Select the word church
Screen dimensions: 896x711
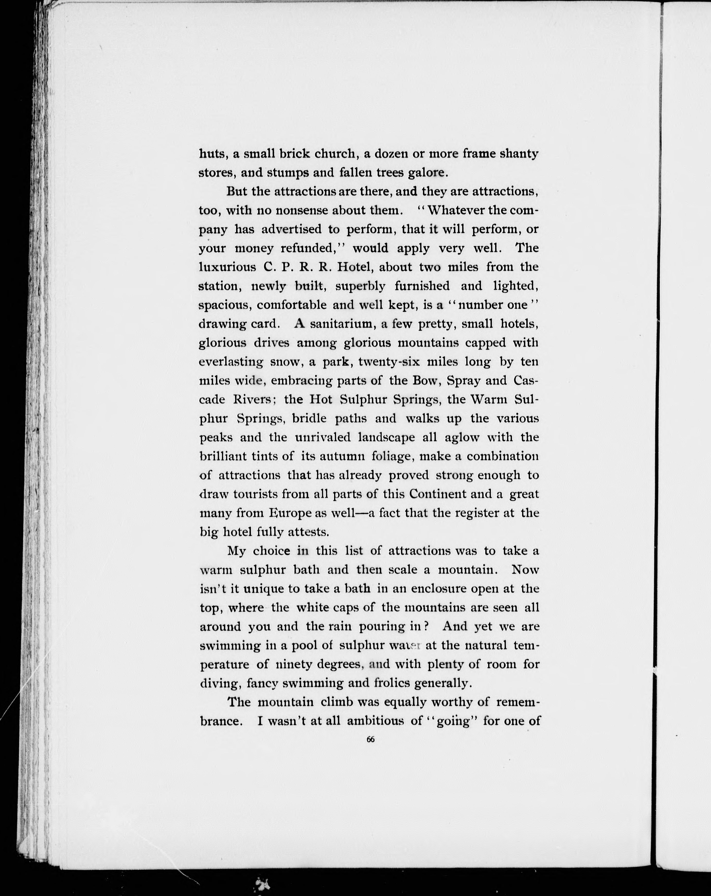pyautogui.click(x=336, y=154)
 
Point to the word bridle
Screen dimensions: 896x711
pyautogui.click(x=309, y=418)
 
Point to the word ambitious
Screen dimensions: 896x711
pyautogui.click(x=375, y=721)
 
